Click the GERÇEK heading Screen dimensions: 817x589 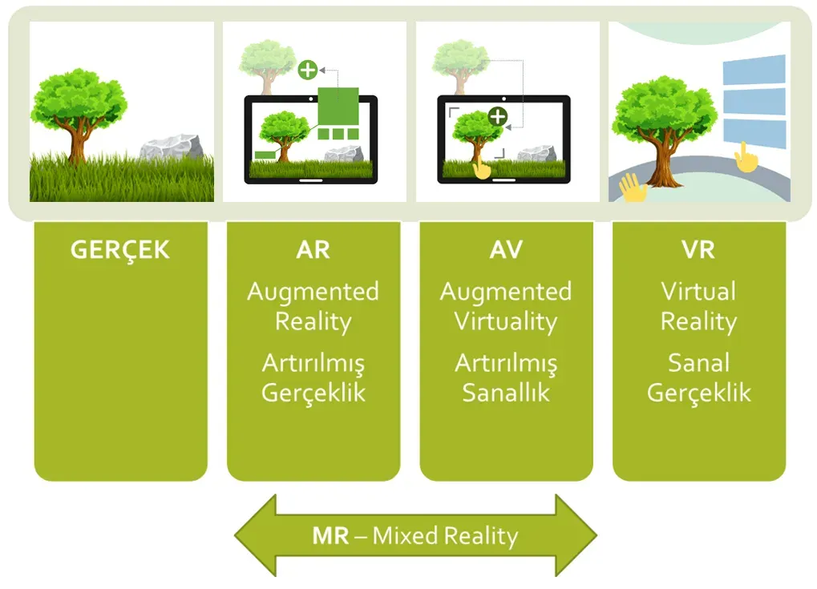coord(119,250)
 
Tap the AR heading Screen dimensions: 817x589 coord(313,250)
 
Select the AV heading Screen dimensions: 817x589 coord(506,250)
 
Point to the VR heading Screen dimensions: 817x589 coord(698,250)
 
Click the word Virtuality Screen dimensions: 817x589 coord(506,322)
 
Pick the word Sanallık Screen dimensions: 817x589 coord(506,393)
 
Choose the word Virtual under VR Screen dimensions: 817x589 coord(698,291)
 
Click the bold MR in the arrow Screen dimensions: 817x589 coord(330,536)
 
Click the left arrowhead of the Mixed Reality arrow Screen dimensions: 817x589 coord(256,535)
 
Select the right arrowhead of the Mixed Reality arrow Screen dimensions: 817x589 coord(576,535)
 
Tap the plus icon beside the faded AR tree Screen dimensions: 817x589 coord(307,70)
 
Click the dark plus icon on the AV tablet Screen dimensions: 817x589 coord(498,116)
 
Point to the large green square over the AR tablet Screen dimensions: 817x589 coord(338,107)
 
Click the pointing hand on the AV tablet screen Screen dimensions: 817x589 coord(481,168)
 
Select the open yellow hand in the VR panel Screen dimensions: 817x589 coord(633,188)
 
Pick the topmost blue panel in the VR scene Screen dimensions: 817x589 coord(754,69)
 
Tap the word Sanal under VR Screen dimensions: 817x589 coord(698,363)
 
